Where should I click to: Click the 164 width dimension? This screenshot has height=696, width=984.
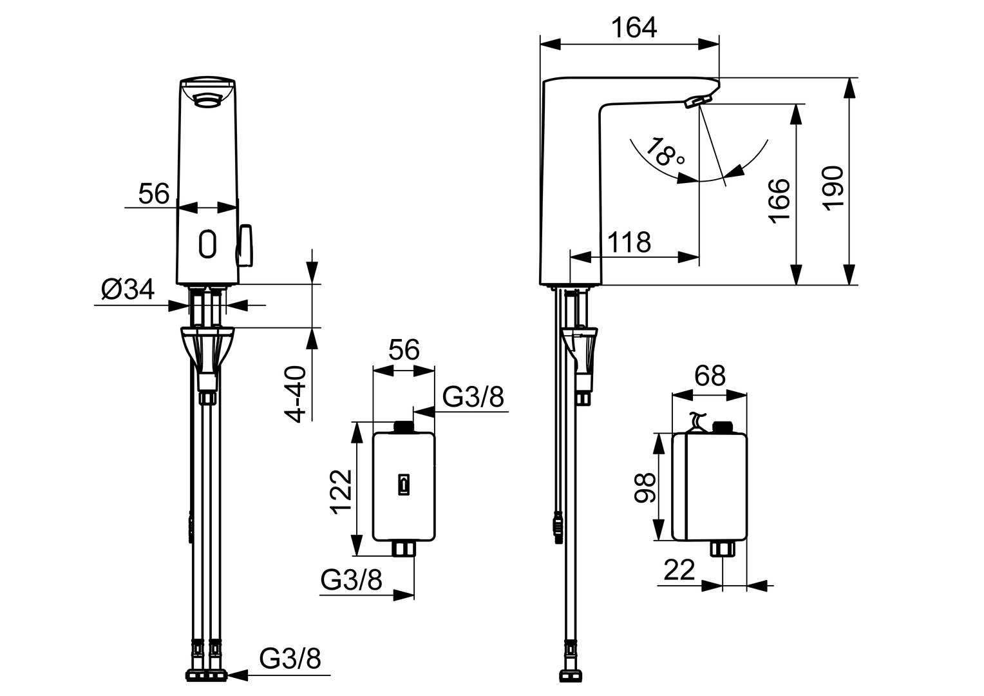(634, 28)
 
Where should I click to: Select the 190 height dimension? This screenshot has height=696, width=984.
(833, 187)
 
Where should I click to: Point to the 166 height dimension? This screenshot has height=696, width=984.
(780, 200)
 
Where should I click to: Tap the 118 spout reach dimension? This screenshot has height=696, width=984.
(629, 242)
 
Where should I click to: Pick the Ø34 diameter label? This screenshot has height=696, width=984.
(128, 290)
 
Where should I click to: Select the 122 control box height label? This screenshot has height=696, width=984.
(341, 492)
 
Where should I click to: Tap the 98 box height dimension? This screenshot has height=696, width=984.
(645, 487)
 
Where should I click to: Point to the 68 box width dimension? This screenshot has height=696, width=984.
(710, 375)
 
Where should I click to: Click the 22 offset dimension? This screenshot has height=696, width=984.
(679, 570)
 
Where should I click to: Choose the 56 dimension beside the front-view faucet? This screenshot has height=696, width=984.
(154, 193)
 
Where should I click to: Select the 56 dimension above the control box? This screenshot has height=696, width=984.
(404, 350)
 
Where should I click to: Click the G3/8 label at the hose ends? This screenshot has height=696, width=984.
(290, 659)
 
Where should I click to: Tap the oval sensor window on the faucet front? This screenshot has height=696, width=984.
(208, 244)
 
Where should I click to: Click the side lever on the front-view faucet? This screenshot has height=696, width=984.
(247, 246)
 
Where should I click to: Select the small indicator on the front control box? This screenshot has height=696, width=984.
(404, 485)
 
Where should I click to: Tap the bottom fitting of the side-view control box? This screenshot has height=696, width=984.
(723, 550)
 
